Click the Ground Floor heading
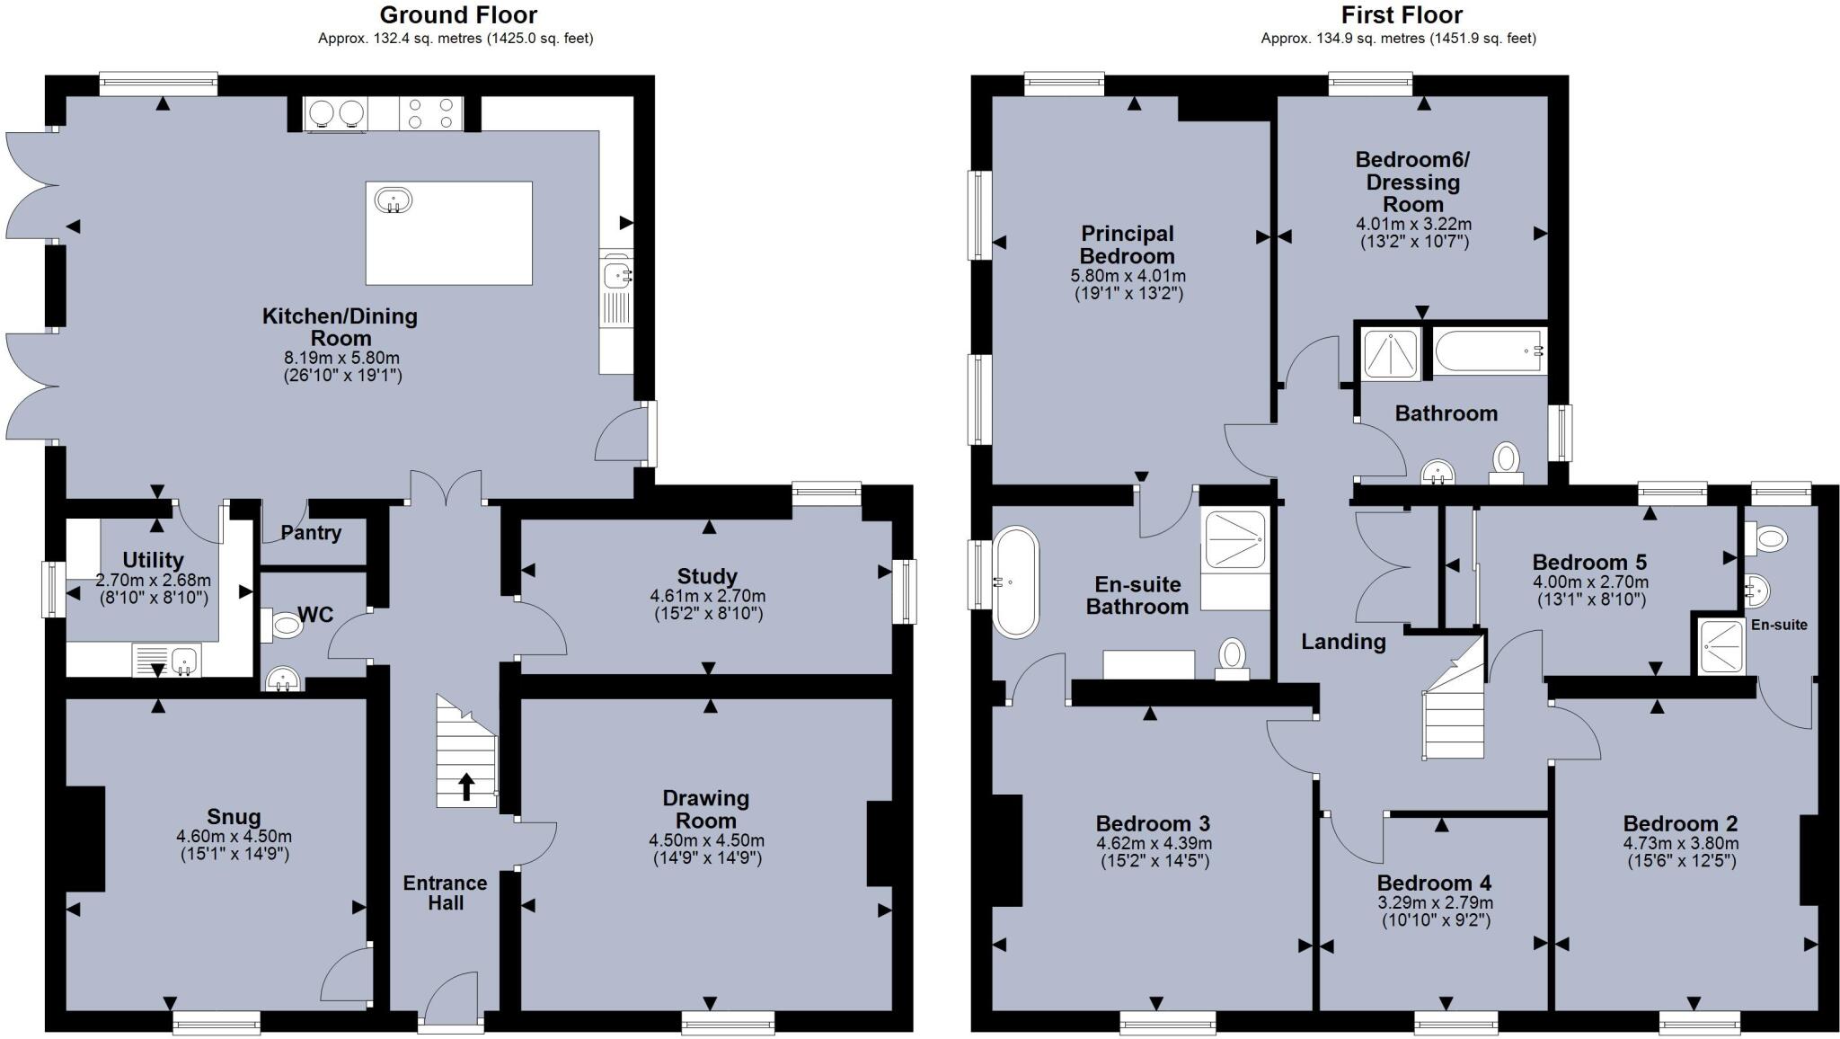point(458,15)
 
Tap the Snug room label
point(234,816)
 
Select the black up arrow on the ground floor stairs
point(467,786)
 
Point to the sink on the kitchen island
point(394,200)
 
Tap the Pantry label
point(311,533)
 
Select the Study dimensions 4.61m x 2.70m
point(707,596)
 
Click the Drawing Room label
point(706,809)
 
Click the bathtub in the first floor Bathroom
point(1490,352)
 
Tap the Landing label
point(1343,641)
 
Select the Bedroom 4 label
point(1434,883)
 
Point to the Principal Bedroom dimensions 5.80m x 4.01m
point(1128,276)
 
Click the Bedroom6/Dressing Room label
point(1412,182)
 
